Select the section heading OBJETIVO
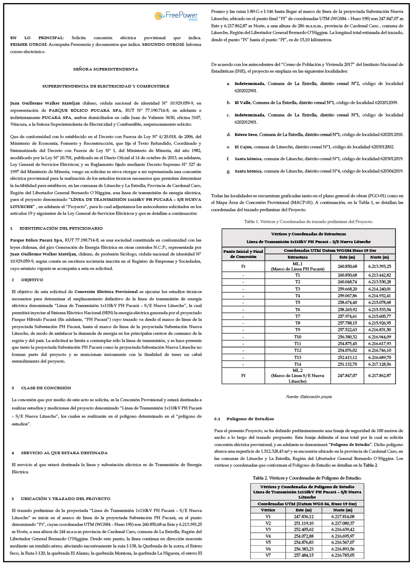(x=32, y=279)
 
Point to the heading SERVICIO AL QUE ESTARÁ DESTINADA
(x=64, y=453)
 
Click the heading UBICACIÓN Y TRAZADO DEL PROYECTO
(x=65, y=499)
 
